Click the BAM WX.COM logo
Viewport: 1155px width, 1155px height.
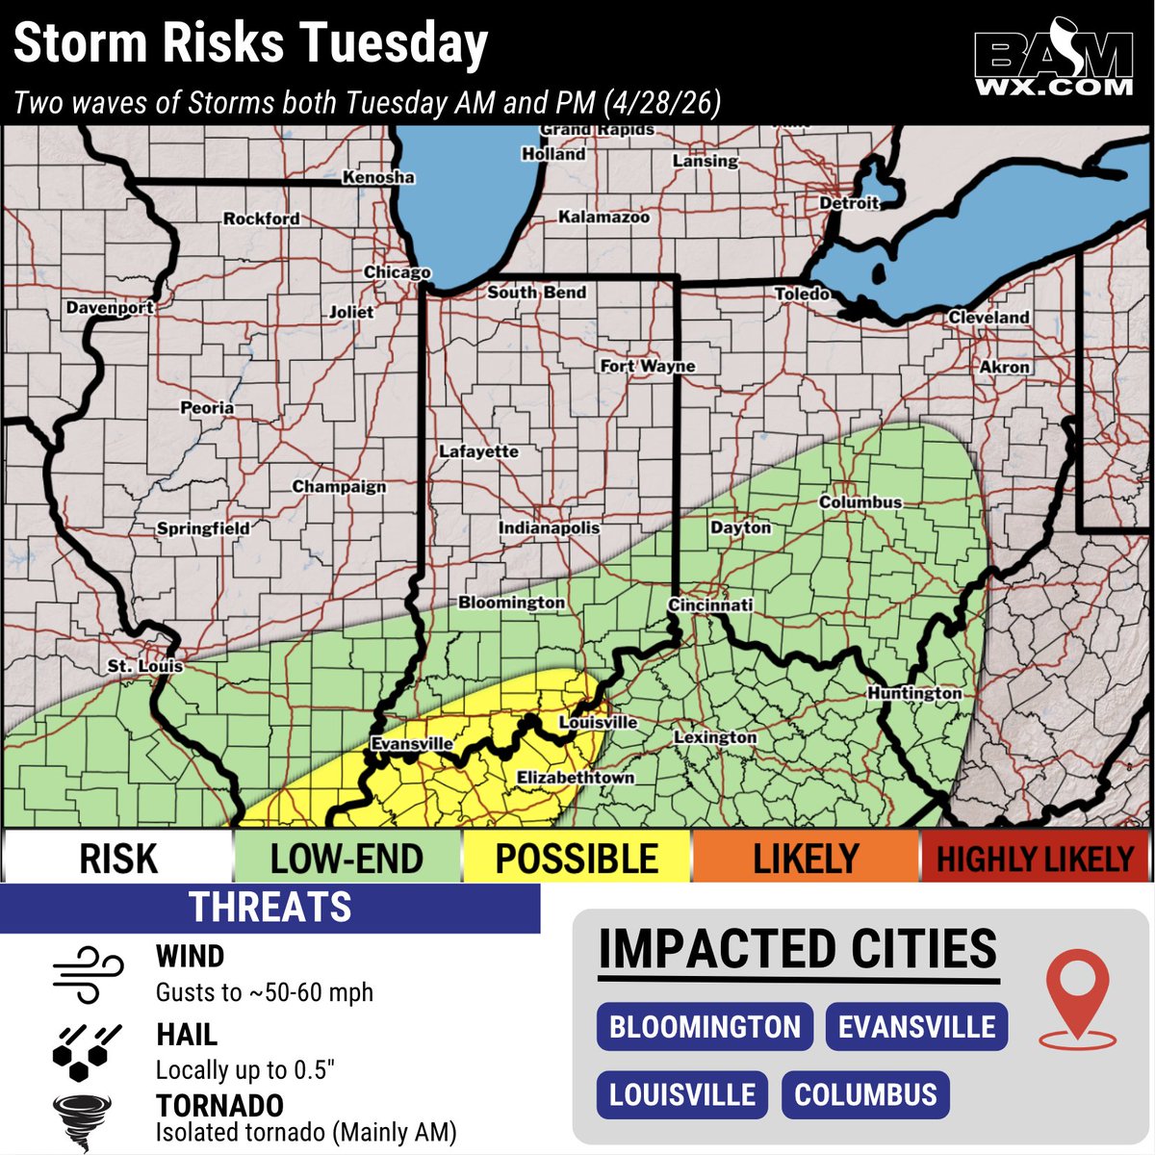1053,64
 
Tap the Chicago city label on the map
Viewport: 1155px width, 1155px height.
397,272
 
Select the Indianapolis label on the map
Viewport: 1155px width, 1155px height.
549,528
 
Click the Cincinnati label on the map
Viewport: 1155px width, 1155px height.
710,604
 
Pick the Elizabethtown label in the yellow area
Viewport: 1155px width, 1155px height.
576,778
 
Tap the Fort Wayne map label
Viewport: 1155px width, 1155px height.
647,366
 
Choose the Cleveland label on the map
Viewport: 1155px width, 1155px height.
988,317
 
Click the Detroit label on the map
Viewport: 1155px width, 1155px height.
849,203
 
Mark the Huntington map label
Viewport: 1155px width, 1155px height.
914,693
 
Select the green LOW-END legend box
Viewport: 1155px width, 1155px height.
346,858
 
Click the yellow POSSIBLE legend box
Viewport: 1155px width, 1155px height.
577,858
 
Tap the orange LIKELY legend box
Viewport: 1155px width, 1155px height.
806,858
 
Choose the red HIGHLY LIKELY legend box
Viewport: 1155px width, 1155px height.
1036,858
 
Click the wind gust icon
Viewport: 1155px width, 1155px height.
88,972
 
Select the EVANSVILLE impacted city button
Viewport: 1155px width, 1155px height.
916,1027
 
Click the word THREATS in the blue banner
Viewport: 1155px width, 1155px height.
270,908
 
